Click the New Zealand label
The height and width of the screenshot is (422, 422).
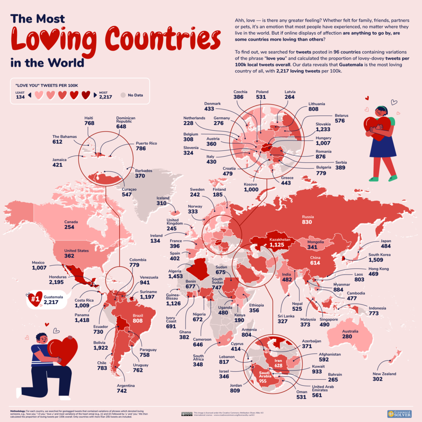tap(384, 374)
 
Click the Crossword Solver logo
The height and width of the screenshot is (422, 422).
tap(399, 413)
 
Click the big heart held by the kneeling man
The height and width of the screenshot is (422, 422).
tap(63, 351)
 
